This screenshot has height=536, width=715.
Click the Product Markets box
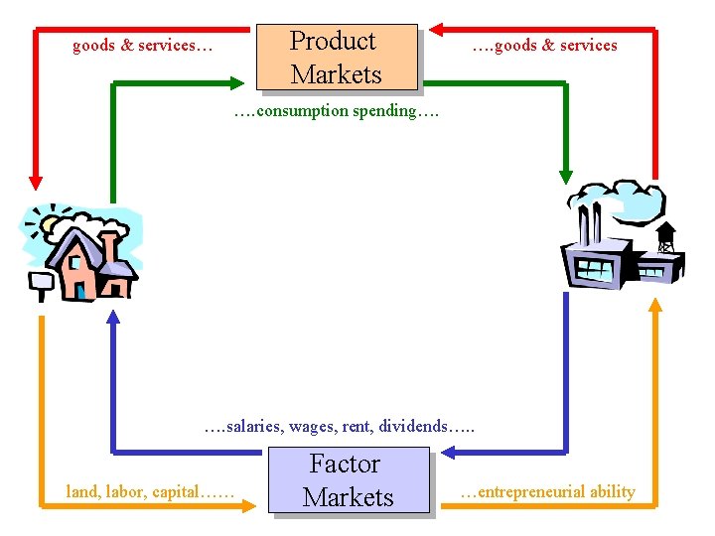click(336, 57)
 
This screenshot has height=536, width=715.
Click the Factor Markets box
click(349, 480)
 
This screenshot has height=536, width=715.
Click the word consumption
click(302, 111)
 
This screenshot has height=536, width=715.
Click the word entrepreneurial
click(537, 491)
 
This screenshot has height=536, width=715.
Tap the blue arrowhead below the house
click(113, 317)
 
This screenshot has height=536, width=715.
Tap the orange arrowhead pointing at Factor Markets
click(249, 505)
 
